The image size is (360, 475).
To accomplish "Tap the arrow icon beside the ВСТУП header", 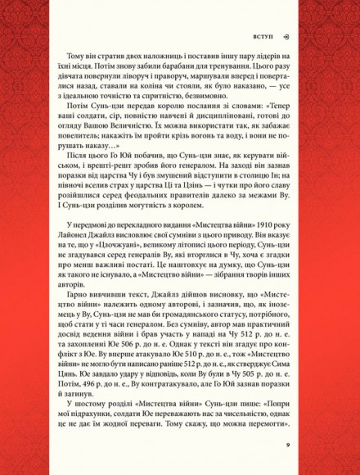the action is point(286,37).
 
